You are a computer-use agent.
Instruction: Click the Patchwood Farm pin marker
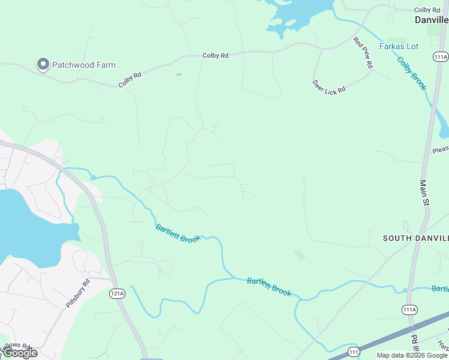[43, 64]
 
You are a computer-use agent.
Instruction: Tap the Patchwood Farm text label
[83, 65]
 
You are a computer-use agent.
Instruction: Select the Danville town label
[431, 20]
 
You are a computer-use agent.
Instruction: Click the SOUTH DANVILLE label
[415, 238]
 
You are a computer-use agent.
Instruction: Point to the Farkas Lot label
[399, 46]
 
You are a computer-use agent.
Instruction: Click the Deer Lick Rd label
[329, 86]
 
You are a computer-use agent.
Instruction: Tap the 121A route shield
[117, 293]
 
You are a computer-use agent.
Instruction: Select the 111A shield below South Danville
[409, 309]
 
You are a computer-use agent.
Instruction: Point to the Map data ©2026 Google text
[412, 355]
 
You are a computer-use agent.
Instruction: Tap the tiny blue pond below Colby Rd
[178, 75]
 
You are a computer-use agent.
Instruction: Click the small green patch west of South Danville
[299, 254]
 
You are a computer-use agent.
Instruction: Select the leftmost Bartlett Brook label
[178, 233]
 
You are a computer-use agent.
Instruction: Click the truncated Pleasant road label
[440, 149]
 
